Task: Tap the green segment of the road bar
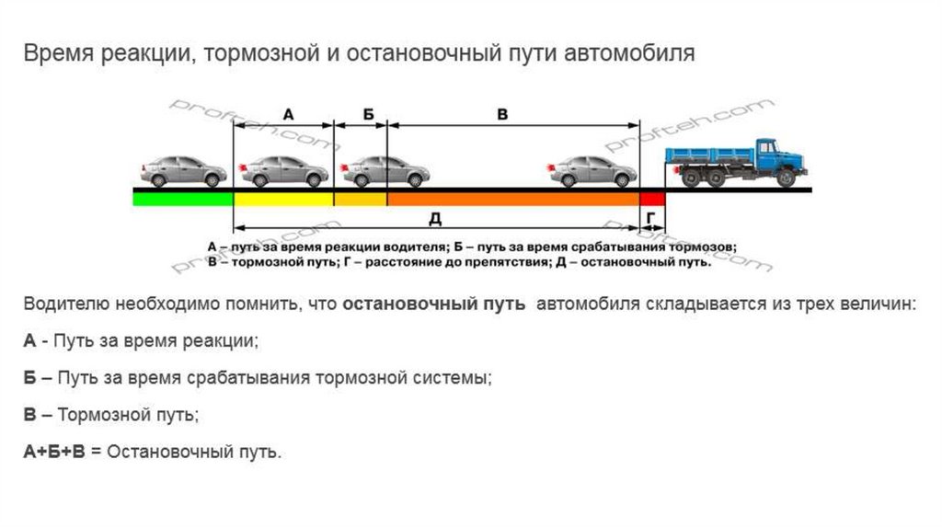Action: (183, 197)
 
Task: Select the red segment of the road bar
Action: (652, 198)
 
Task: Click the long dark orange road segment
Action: (512, 198)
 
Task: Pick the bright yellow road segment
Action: (283, 198)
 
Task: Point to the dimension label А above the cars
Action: (288, 114)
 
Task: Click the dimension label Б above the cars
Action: (368, 114)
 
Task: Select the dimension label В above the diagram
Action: (502, 114)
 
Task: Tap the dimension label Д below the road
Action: (437, 217)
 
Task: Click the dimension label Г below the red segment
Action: (652, 217)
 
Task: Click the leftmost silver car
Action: (183, 170)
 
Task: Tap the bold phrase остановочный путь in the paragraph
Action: (434, 304)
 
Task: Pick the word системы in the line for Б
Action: (451, 378)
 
